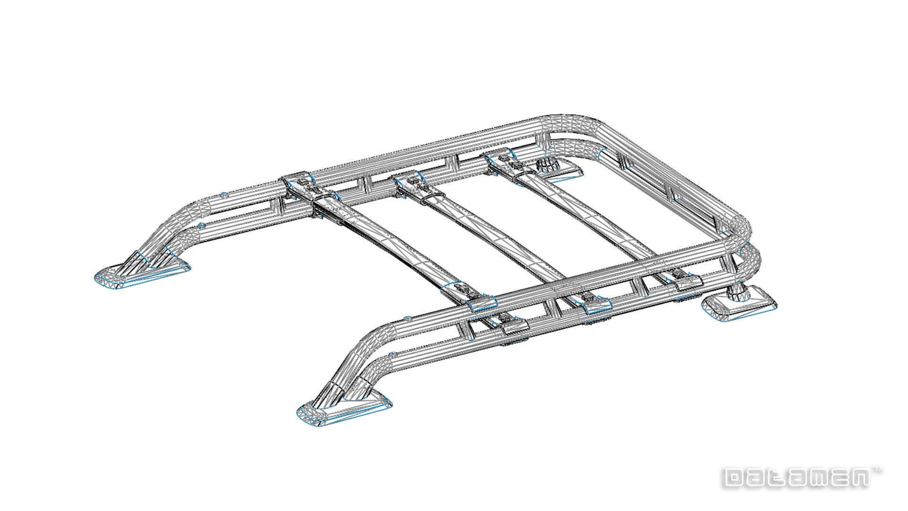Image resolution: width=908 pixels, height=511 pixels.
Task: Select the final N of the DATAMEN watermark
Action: pos(858,478)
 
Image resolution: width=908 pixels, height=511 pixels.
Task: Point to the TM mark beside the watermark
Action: pos(879,470)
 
